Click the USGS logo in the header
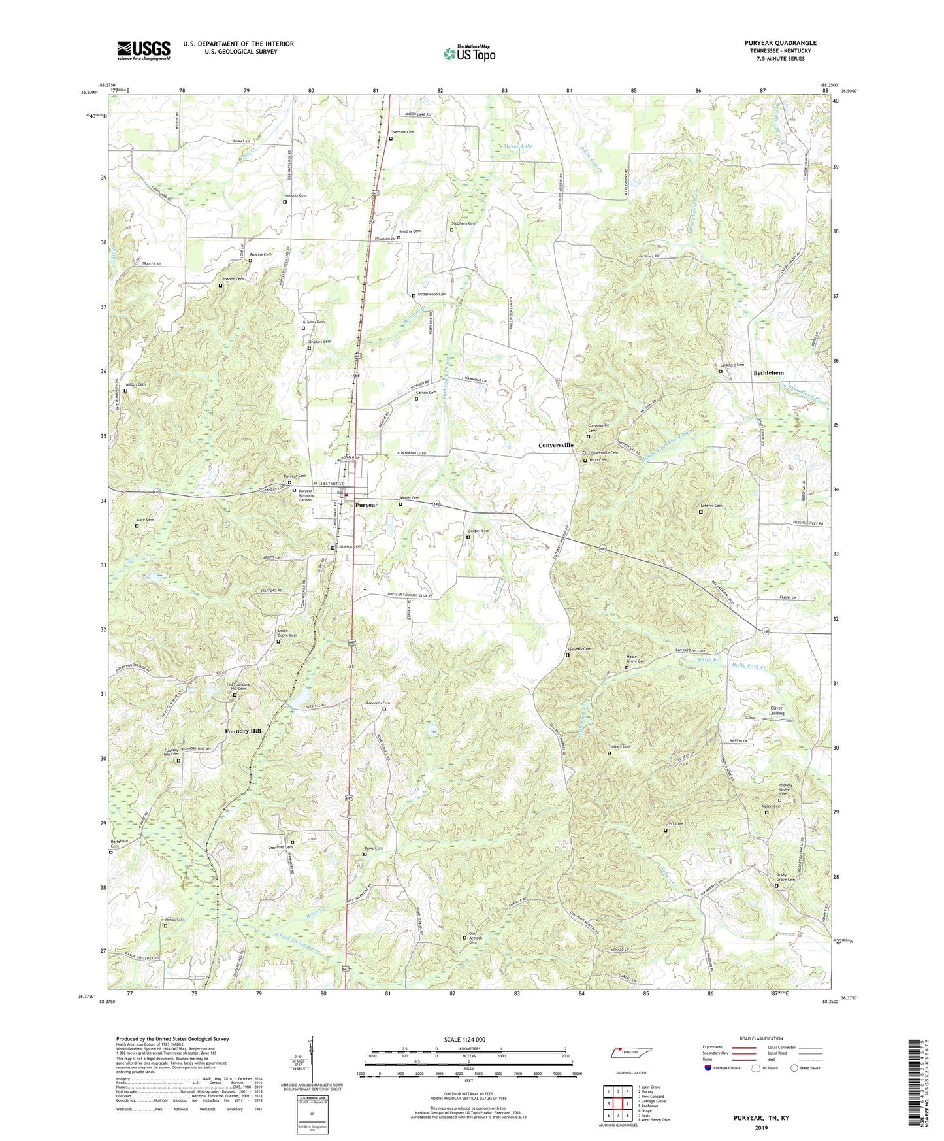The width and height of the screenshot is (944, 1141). point(143,50)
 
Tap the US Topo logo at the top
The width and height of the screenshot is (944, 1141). point(469,54)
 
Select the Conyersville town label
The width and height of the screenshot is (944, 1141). point(555,445)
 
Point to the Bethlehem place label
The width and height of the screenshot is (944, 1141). point(768,373)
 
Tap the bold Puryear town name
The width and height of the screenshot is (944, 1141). point(366,505)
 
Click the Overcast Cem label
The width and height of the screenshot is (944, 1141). point(402,132)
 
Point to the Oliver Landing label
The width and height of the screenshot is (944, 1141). point(776,711)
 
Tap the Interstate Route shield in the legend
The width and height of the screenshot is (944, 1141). point(708,1068)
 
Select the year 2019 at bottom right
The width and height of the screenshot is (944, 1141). point(760,1128)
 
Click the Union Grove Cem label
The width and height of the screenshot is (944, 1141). point(287,633)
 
